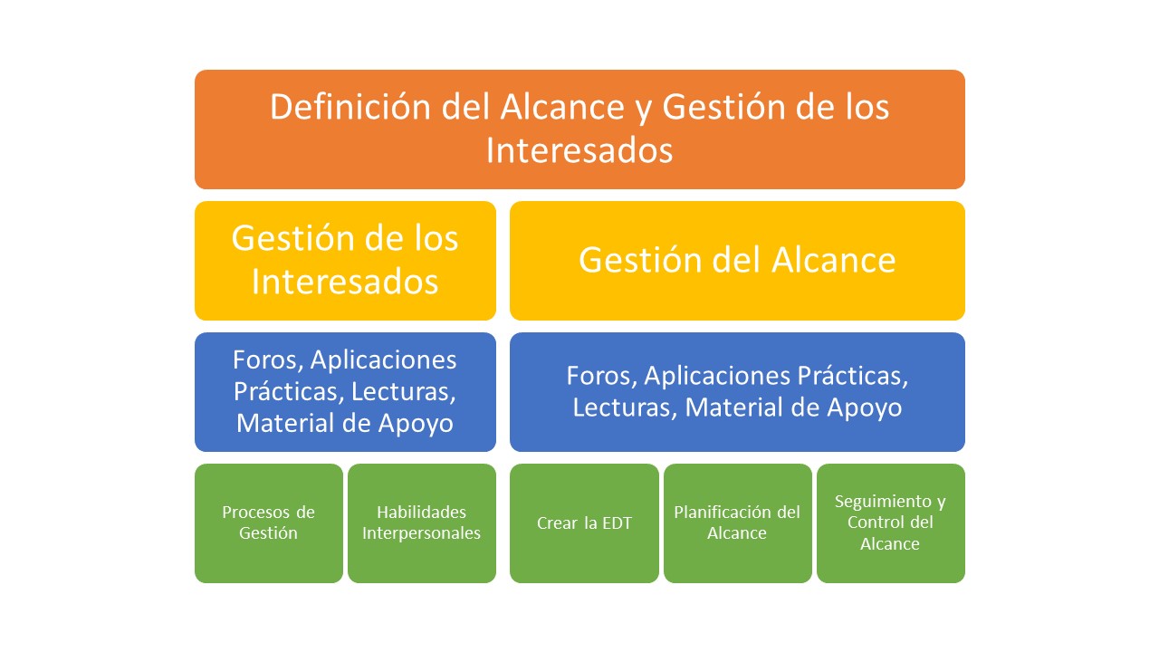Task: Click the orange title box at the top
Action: [579, 129]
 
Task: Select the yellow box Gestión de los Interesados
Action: [345, 260]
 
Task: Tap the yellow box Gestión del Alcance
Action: [737, 260]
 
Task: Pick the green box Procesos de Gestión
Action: [269, 523]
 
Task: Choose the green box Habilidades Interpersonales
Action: [422, 523]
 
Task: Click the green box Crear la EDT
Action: [584, 523]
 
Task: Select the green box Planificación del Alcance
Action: [737, 523]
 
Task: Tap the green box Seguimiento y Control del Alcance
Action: [890, 523]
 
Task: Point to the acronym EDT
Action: [618, 523]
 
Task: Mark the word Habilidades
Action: [421, 513]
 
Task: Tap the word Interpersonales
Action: [421, 533]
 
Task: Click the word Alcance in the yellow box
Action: [834, 260]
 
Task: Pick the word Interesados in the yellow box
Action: [345, 282]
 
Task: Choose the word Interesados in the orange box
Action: [579, 150]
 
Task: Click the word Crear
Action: [557, 523]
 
